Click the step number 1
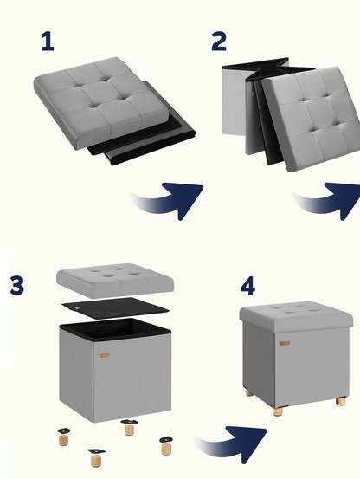pos(48,42)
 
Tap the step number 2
pos(219,42)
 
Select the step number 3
pos(17,285)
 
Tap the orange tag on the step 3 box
pos(104,356)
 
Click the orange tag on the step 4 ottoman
pos(285,343)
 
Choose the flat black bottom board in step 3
pos(115,308)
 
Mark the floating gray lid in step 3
pos(115,281)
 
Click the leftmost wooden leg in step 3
pos(63,440)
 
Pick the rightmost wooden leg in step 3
pos(166,449)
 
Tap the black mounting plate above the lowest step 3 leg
pos(96,451)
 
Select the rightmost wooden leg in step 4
pos(341,401)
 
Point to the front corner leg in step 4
pos(278,411)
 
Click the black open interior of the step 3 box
pos(115,329)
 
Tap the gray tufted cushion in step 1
pos(101,102)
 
